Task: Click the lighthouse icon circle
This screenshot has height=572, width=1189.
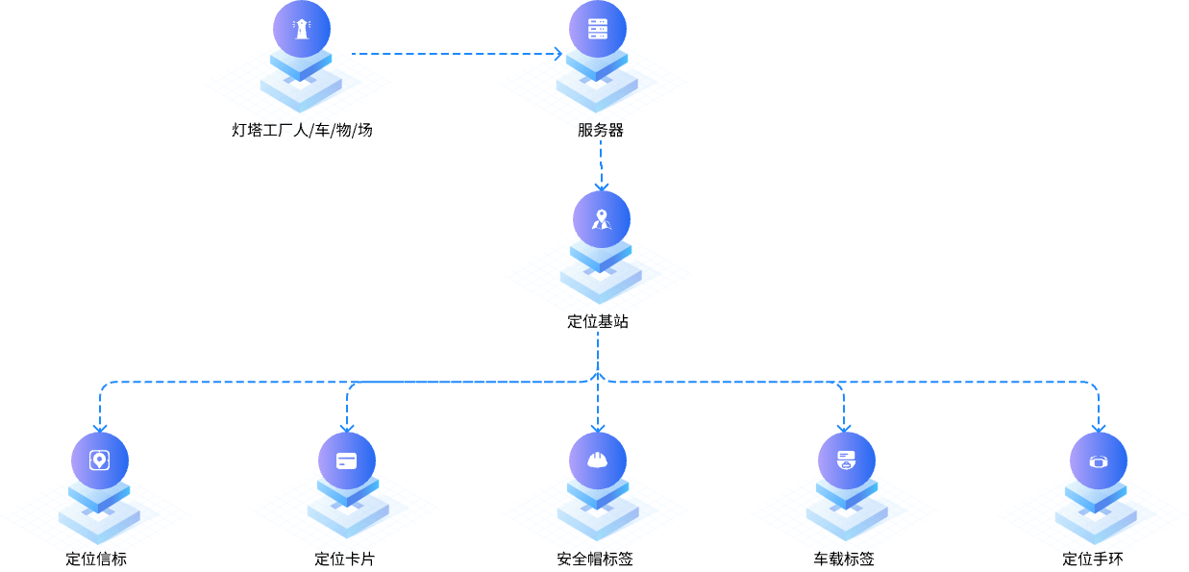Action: tap(301, 29)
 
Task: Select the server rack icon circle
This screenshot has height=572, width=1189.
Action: tap(597, 29)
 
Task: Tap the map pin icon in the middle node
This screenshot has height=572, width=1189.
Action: tap(602, 219)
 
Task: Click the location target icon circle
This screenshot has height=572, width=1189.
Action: tap(99, 460)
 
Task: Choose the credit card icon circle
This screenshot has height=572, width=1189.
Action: tap(347, 460)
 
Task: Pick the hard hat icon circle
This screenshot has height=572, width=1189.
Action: tap(597, 460)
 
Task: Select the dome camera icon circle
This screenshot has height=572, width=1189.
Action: tap(846, 460)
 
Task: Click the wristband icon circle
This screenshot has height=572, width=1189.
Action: tap(1098, 460)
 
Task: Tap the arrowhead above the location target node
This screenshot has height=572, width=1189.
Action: tap(99, 425)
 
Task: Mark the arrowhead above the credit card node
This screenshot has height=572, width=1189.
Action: tap(347, 425)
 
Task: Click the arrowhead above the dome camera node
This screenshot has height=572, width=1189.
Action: tap(844, 425)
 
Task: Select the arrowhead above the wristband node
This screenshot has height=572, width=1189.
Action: tap(1098, 425)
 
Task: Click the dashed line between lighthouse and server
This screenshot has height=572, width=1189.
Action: tap(452, 54)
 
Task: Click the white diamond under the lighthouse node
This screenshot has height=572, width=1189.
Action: tap(301, 85)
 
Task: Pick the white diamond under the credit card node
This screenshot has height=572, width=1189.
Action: tap(347, 514)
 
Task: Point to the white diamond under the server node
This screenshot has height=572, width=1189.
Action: tap(597, 85)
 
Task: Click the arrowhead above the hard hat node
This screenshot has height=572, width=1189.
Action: tap(597, 425)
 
